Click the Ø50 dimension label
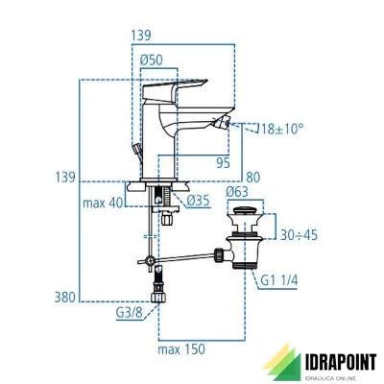(x=151, y=60)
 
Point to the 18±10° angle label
(x=282, y=130)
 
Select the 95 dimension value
(x=223, y=163)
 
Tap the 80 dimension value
(x=252, y=178)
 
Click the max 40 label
(x=103, y=203)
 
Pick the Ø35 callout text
(x=199, y=201)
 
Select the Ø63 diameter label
(x=237, y=192)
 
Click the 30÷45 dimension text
(x=299, y=235)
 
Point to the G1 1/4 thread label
(x=279, y=280)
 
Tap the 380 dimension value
(x=64, y=298)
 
